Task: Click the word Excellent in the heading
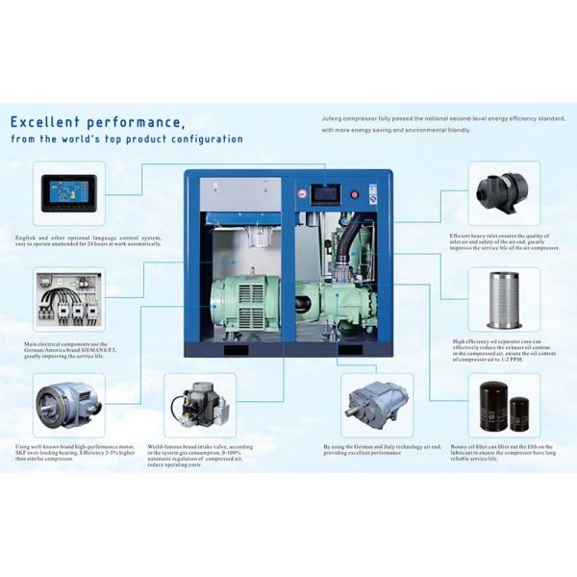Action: tap(49, 122)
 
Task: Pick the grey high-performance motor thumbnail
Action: tap(67, 402)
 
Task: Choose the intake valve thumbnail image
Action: tap(198, 405)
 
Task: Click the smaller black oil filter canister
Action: tap(519, 413)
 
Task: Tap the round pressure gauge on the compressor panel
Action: tap(302, 192)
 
